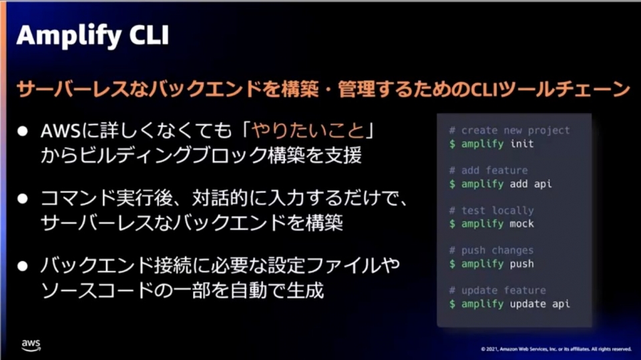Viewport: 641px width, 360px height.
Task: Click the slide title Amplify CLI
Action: [x=93, y=35]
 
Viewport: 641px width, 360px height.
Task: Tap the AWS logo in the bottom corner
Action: [x=31, y=345]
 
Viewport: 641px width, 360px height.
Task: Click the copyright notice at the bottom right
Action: [x=556, y=349]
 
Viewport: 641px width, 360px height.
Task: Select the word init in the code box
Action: [x=521, y=144]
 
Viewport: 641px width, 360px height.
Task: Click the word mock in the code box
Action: [x=521, y=224]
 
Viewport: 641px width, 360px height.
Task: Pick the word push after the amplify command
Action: [x=521, y=264]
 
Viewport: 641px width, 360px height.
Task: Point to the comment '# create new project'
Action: [x=509, y=130]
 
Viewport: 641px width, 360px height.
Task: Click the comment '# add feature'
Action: [x=489, y=170]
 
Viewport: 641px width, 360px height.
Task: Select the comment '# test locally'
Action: [x=491, y=210]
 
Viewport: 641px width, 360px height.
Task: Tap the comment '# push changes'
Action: [x=491, y=250]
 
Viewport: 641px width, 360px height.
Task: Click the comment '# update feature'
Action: [x=497, y=290]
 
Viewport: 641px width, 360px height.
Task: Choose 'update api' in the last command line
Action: [x=540, y=304]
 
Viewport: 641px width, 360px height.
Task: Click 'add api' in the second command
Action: [x=531, y=184]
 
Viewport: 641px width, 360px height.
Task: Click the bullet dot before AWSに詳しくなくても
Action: [x=23, y=131]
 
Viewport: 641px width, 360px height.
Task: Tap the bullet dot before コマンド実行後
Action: [x=23, y=199]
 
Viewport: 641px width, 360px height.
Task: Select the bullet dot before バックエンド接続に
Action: [x=23, y=266]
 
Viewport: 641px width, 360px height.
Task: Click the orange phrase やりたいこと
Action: [x=308, y=131]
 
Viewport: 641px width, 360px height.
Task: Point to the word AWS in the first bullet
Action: [x=61, y=132]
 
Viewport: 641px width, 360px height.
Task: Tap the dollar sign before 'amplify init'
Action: [x=452, y=144]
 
